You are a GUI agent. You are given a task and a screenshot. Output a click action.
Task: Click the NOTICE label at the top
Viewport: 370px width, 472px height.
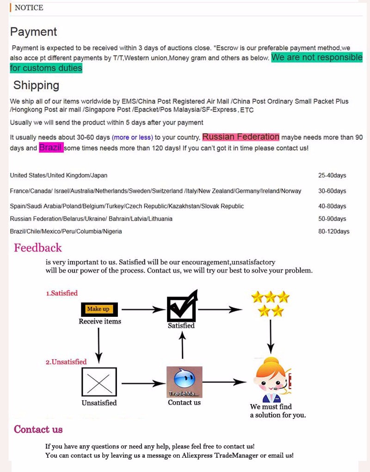pos(29,8)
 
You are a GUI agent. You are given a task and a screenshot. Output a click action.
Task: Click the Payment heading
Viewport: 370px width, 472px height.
pos(33,32)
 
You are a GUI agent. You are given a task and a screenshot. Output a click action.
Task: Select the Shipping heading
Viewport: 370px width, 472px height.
pos(36,85)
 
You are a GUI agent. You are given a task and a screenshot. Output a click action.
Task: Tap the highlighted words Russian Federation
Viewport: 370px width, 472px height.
pos(240,137)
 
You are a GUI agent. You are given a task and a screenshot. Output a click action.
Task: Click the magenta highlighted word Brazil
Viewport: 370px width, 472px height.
pos(51,148)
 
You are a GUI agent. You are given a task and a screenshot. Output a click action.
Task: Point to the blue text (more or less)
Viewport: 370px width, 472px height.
pos(132,137)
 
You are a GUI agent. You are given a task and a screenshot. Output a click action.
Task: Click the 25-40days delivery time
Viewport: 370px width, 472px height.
pos(332,175)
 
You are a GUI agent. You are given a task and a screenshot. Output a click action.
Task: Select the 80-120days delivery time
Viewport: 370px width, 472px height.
pos(333,231)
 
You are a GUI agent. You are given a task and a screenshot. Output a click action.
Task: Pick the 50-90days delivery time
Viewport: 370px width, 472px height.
pos(332,219)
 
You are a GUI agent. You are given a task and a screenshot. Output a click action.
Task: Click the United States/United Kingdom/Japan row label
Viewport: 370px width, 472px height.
pos(58,175)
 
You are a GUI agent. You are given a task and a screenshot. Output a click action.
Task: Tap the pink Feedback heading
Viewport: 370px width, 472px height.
pos(37,248)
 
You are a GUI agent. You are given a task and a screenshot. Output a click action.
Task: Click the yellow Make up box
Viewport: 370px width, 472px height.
pos(98,309)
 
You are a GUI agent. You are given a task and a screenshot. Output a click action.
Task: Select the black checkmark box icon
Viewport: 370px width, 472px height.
pos(182,307)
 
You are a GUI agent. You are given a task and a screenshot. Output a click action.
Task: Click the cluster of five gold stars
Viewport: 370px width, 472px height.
pos(270,303)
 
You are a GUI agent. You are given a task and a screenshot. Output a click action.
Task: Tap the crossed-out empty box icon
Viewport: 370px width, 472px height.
pos(99,382)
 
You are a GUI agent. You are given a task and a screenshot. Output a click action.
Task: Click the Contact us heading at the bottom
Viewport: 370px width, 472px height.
pos(38,430)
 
